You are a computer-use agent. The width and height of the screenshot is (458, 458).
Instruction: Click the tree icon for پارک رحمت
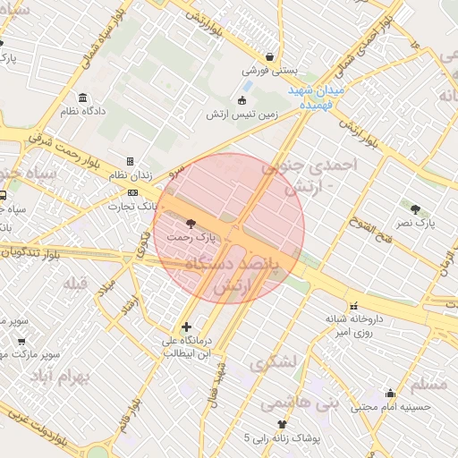(189, 223)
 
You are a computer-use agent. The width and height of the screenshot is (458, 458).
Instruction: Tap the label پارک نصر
(416, 223)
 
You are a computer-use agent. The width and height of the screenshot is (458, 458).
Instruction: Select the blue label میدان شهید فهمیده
(311, 98)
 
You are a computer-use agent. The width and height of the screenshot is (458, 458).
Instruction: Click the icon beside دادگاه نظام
(83, 98)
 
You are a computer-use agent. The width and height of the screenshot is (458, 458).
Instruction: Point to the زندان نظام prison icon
(130, 162)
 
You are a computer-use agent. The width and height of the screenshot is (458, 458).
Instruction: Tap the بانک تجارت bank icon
(132, 191)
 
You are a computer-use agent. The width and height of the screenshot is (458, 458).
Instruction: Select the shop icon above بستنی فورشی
(269, 55)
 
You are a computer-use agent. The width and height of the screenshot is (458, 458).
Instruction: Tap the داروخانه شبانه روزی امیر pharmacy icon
(353, 305)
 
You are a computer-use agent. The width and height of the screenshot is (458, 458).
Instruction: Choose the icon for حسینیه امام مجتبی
(390, 393)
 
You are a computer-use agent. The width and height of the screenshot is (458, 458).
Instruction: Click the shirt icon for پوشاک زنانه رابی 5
(283, 424)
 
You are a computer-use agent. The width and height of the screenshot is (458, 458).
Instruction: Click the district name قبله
(75, 284)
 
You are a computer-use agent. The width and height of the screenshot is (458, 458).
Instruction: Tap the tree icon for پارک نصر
(416, 208)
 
